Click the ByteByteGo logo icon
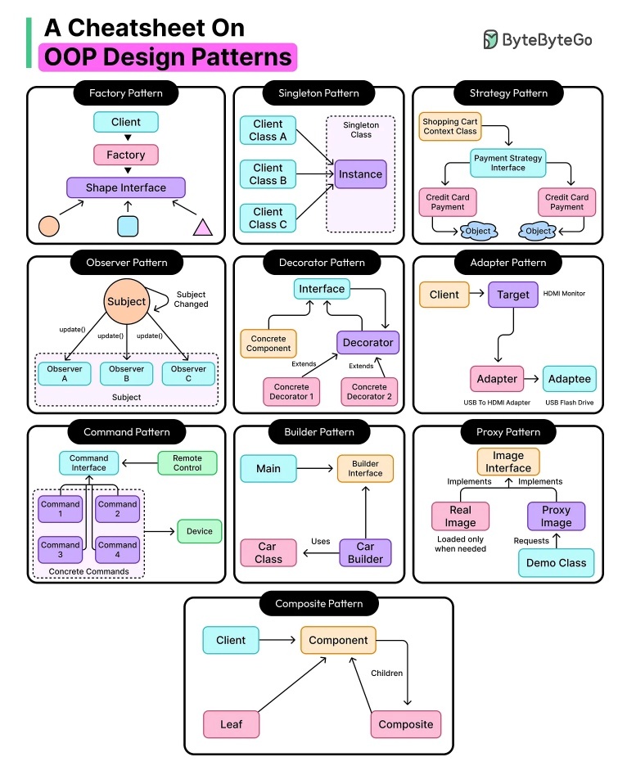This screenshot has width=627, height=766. pyautogui.click(x=490, y=39)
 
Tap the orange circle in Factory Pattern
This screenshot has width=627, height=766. pyautogui.click(x=49, y=226)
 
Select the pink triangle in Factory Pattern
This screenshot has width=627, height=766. pyautogui.click(x=202, y=228)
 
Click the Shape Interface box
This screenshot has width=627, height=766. pyautogui.click(x=126, y=187)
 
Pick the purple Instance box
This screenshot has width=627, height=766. pyautogui.click(x=361, y=174)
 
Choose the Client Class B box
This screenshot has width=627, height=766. pyautogui.click(x=268, y=174)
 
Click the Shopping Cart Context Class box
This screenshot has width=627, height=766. pyautogui.click(x=450, y=127)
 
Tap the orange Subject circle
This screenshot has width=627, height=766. pyautogui.click(x=126, y=302)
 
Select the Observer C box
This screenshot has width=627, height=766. pyautogui.click(x=188, y=374)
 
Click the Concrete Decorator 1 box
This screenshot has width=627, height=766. pyautogui.click(x=291, y=392)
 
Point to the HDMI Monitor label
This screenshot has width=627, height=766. pyautogui.click(x=564, y=294)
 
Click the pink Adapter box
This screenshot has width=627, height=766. pyautogui.click(x=497, y=379)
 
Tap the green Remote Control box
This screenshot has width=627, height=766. pyautogui.click(x=187, y=462)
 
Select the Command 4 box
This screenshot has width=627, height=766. pyautogui.click(x=117, y=550)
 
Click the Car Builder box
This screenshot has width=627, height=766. pyautogui.click(x=366, y=552)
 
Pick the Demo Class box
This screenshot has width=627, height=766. pyautogui.click(x=556, y=563)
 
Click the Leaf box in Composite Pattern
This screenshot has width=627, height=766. pyautogui.click(x=231, y=724)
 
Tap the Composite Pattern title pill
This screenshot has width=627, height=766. pyautogui.click(x=319, y=604)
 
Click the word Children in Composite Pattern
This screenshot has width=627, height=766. pyautogui.click(x=386, y=674)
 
